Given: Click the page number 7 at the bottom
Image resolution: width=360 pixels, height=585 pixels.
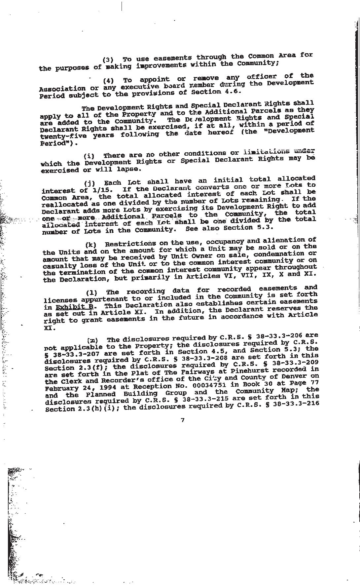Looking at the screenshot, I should (x=182, y=420).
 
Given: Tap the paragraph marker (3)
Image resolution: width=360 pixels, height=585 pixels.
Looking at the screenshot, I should (x=108, y=60).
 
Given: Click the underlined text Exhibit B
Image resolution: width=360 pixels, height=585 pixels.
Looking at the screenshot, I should (x=75, y=307).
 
